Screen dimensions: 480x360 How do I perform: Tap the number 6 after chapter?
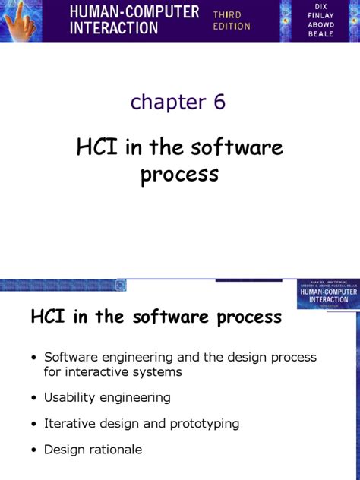219,102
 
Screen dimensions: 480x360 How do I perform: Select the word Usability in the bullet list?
69,397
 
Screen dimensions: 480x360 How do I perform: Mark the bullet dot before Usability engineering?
33,398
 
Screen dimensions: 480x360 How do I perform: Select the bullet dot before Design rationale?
33,450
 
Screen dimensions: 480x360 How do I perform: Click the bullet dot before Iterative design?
33,424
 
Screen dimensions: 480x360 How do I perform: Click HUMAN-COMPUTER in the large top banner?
134,12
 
